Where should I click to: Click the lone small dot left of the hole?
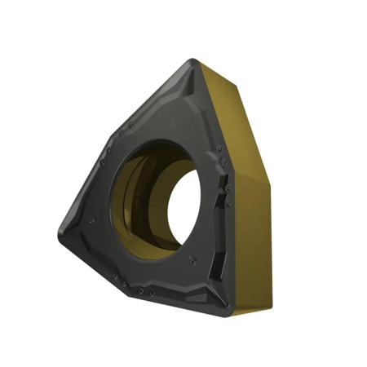[x=92, y=220]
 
